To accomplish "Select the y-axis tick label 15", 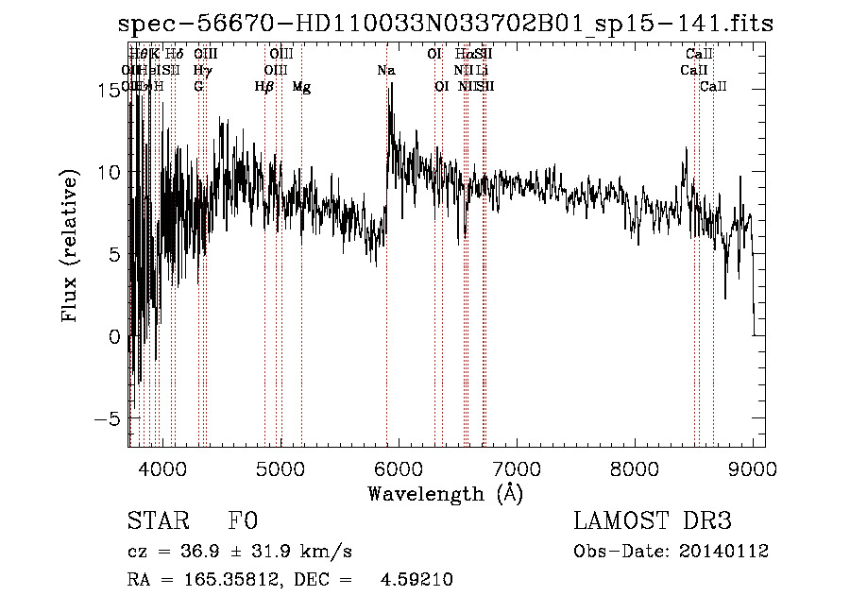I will [110, 90].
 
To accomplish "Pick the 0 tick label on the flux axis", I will [115, 336].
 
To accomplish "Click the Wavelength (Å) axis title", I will [445, 493].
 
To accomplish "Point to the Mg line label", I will [301, 87].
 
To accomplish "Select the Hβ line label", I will [264, 87].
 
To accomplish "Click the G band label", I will [198, 87].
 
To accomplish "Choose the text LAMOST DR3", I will [653, 521].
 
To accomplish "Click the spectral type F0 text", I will [243, 521].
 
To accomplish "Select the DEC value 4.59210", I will [416, 580].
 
